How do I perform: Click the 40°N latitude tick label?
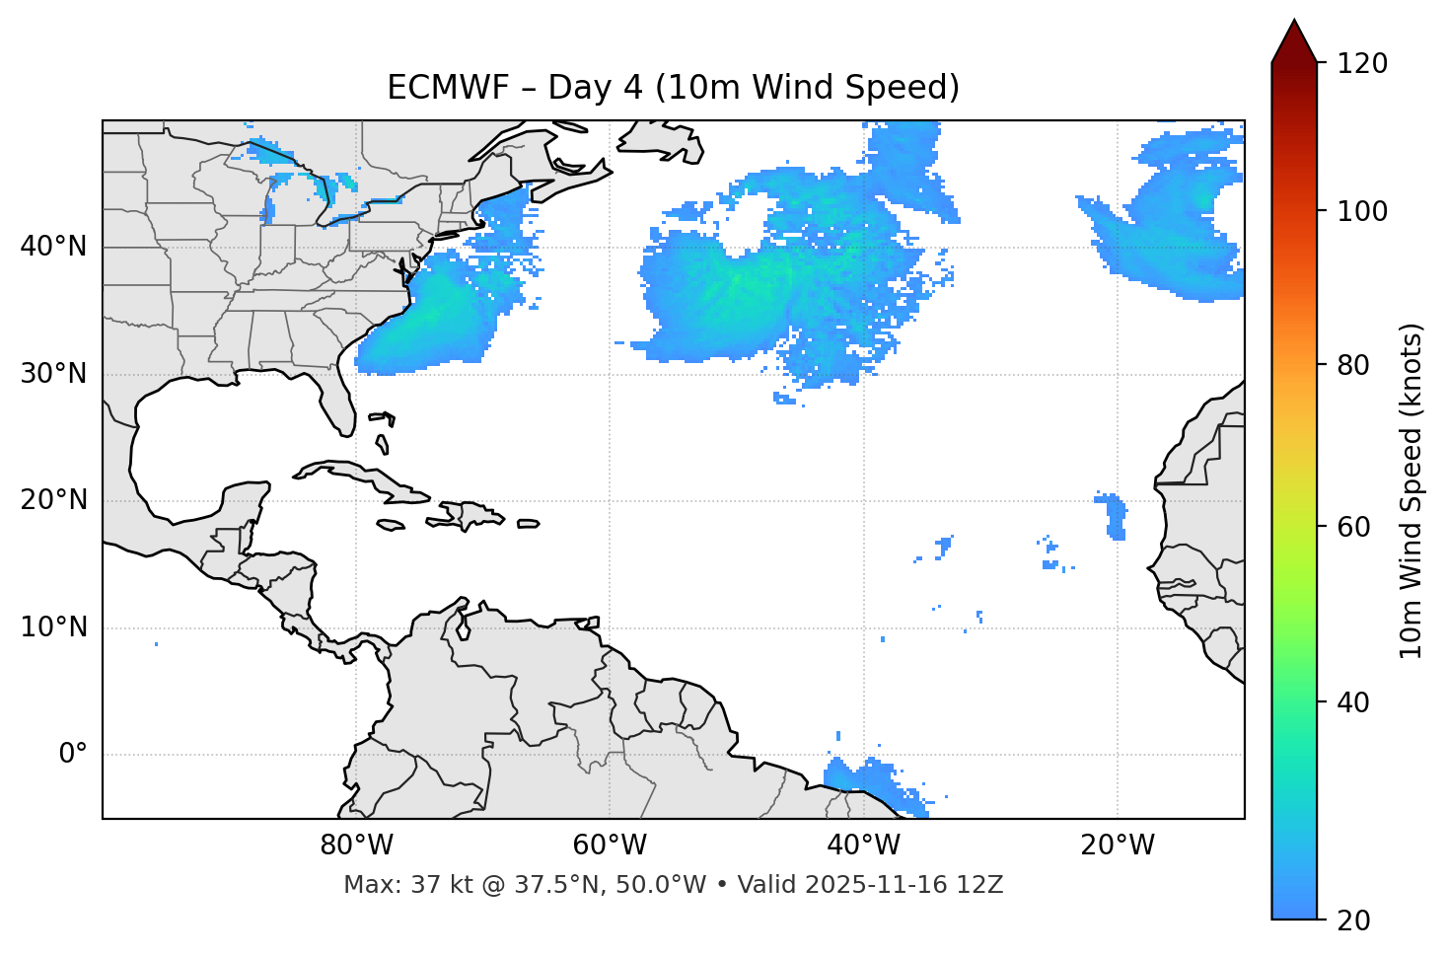tap(53, 247)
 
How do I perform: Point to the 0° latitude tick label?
tap(73, 755)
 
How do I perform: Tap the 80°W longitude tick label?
tap(356, 846)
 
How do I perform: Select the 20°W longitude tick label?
tap(1118, 846)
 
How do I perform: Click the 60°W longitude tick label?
tap(610, 846)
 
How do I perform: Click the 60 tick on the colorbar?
tap(1354, 527)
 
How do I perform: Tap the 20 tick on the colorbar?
tap(1354, 920)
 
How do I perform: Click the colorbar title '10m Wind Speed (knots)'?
tap(1411, 491)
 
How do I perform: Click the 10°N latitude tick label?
tap(53, 627)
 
